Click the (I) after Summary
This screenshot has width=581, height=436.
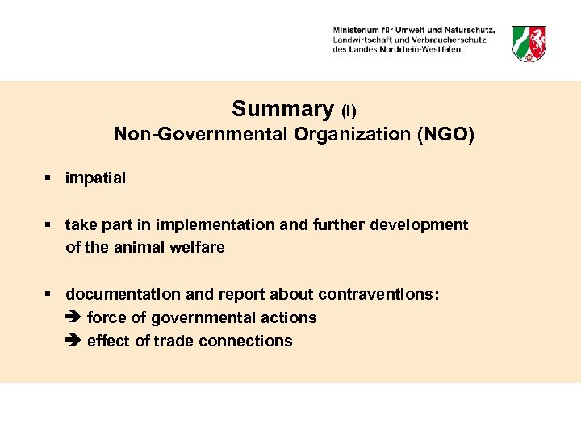click(x=349, y=111)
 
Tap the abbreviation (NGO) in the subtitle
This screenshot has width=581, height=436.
click(x=445, y=134)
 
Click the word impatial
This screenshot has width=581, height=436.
click(x=95, y=178)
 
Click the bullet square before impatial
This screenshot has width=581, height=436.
click(x=49, y=178)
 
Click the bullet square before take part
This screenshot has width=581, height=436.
click(x=49, y=224)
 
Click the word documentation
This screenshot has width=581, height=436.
click(x=119, y=294)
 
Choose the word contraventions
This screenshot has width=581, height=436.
click(x=378, y=294)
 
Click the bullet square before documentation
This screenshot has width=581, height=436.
click(x=49, y=294)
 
